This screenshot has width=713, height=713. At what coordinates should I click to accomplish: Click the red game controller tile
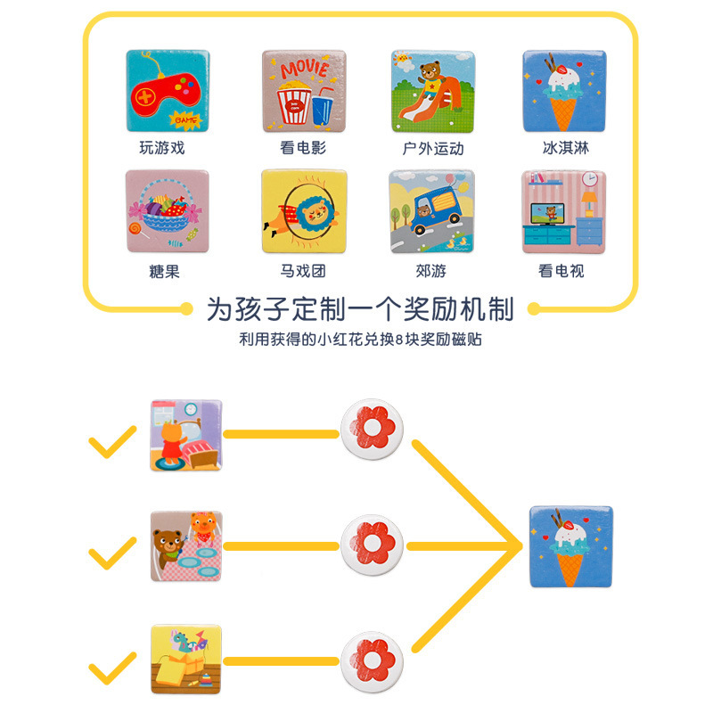(167, 92)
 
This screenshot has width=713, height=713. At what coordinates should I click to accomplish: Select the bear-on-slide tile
(432, 92)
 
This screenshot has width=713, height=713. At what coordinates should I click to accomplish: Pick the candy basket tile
(167, 212)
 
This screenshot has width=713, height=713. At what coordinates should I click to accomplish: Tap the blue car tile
(432, 212)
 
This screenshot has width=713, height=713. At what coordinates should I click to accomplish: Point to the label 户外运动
(432, 148)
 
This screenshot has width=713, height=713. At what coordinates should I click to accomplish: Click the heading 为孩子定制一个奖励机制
(360, 309)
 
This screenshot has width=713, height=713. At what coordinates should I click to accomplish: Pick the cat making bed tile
(186, 435)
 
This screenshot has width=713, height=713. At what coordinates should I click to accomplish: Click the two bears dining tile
(186, 546)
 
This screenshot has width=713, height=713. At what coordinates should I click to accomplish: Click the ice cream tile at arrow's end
(570, 546)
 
